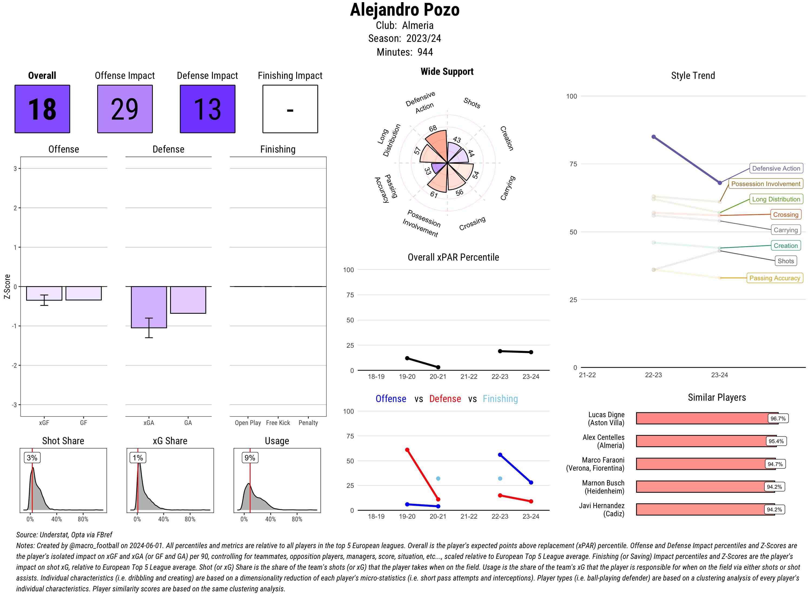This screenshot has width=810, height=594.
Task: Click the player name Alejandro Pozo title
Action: pyautogui.click(x=404, y=10)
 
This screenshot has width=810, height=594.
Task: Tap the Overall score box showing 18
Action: pyautogui.click(x=42, y=109)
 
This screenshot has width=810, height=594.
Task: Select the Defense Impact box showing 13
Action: pyautogui.click(x=207, y=109)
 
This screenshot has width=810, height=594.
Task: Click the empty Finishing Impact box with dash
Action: pyautogui.click(x=290, y=109)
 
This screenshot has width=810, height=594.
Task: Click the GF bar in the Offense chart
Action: pyautogui.click(x=83, y=293)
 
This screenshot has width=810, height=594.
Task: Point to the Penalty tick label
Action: pyautogui.click(x=308, y=423)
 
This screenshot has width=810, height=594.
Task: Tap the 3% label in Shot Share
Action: pyautogui.click(x=32, y=458)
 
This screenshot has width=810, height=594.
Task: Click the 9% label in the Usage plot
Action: pyautogui.click(x=250, y=458)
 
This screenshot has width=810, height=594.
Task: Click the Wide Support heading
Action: pyautogui.click(x=447, y=72)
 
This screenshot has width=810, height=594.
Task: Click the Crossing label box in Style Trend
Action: pyautogui.click(x=785, y=215)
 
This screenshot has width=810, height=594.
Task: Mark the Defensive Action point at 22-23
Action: pyautogui.click(x=654, y=137)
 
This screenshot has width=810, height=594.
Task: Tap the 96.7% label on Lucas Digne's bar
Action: pyautogui.click(x=778, y=418)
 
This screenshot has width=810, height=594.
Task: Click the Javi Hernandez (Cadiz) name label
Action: pyautogui.click(x=602, y=509)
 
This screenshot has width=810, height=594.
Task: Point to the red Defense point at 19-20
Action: pyautogui.click(x=407, y=450)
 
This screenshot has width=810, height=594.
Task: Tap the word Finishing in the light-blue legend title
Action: pyautogui.click(x=500, y=399)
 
